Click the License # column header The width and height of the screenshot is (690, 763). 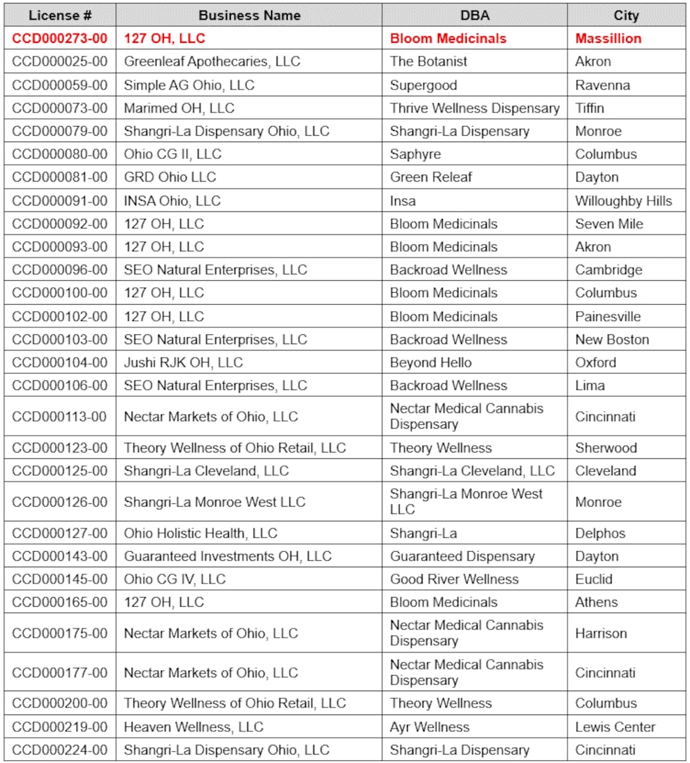click(x=60, y=15)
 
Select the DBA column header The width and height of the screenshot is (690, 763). click(x=475, y=15)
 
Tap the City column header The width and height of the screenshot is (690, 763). click(x=626, y=15)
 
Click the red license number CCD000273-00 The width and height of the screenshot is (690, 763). click(x=60, y=38)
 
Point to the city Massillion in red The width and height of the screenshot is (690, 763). click(x=608, y=38)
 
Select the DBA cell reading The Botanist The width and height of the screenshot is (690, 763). click(x=429, y=61)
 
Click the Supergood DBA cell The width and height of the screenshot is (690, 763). click(x=424, y=85)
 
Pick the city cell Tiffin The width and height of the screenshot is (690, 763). click(x=590, y=108)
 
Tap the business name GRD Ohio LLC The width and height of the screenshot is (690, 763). click(x=170, y=177)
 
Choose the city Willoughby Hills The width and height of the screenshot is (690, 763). click(x=624, y=201)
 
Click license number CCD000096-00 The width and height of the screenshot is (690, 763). click(x=60, y=270)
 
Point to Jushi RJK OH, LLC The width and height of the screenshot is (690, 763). click(x=184, y=362)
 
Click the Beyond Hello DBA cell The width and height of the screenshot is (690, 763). click(x=431, y=362)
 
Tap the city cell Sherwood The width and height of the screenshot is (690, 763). click(x=606, y=448)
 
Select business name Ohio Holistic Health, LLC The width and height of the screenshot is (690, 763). click(x=201, y=533)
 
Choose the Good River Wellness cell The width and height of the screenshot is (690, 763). click(x=454, y=579)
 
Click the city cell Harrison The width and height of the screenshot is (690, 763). click(x=601, y=633)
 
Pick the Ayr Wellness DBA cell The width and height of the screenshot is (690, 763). click(x=429, y=726)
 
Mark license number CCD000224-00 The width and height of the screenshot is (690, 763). click(x=60, y=750)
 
